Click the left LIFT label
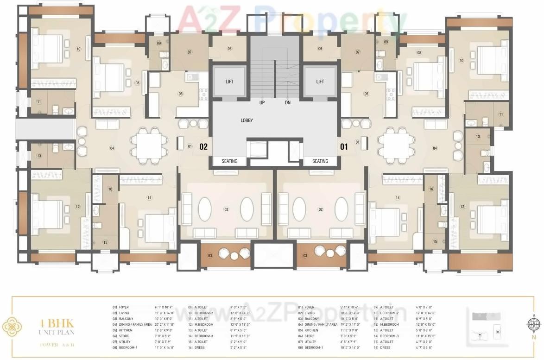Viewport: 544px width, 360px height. click(229, 82)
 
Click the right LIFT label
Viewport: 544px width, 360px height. click(320, 82)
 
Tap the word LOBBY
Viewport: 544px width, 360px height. click(247, 120)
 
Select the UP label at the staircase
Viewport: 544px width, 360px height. click(262, 103)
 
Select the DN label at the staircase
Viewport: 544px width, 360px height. click(288, 103)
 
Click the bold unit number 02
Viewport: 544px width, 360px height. click(203, 147)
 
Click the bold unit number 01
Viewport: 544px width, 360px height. click(343, 147)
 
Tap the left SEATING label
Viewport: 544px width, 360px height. click(229, 161)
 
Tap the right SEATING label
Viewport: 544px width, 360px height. click(320, 161)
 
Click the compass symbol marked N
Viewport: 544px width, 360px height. click(534, 324)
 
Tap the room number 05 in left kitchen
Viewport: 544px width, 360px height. click(181, 94)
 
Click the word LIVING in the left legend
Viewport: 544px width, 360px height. click(125, 313)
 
